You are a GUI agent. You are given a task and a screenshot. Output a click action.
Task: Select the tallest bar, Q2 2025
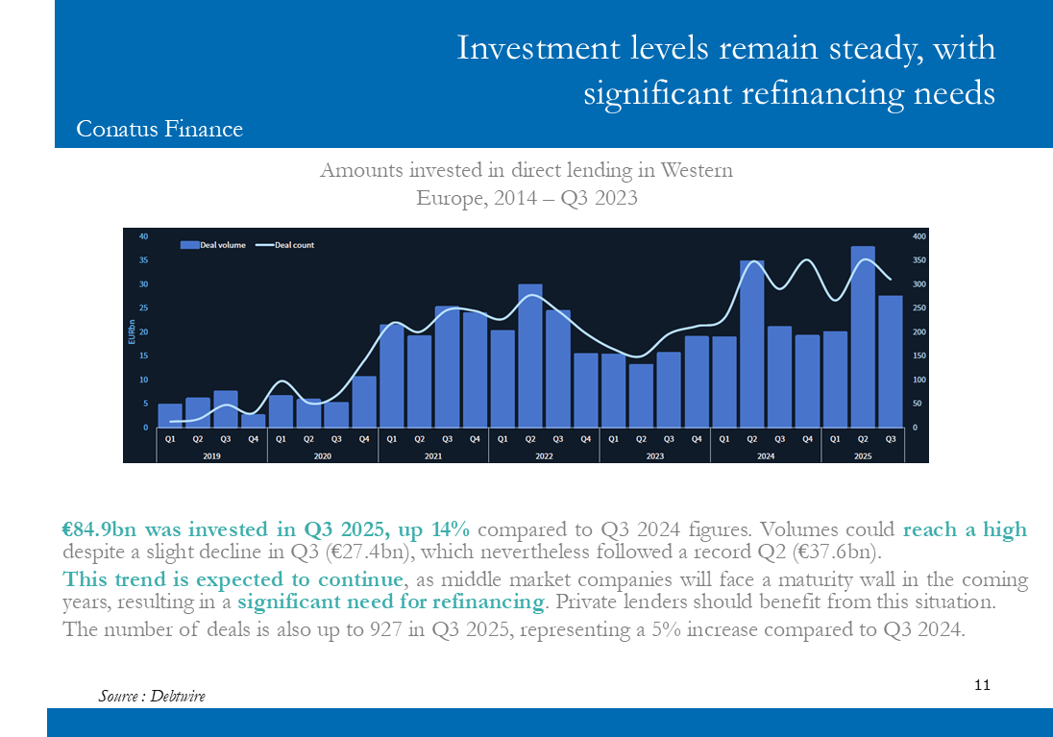coord(863,336)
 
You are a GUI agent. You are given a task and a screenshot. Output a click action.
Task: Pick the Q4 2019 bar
coord(254,421)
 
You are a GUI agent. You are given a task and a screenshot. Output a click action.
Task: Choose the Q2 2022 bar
coord(530,356)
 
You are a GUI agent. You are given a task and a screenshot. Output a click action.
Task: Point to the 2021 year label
coord(433,455)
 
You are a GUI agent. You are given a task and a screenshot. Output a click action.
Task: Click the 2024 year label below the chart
coord(766,455)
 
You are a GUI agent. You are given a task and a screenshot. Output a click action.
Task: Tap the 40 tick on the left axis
coord(143,236)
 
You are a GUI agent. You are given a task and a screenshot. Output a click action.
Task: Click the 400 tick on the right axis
coord(919,236)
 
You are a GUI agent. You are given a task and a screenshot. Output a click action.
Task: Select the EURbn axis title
coord(132,332)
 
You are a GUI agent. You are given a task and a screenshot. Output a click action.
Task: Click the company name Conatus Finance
coord(159,129)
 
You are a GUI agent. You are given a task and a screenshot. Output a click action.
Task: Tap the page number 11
coord(982,685)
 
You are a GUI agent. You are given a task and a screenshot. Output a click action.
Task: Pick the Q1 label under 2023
coord(613,438)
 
